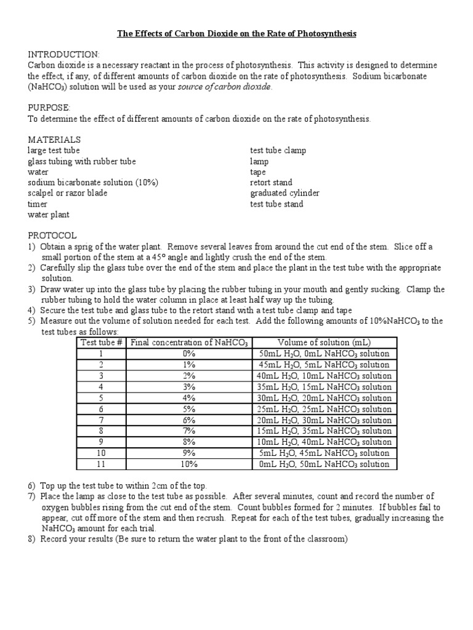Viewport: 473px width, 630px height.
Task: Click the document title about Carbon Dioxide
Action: point(237,34)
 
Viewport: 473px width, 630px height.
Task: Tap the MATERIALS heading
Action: point(54,140)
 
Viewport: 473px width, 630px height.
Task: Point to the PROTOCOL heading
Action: point(52,236)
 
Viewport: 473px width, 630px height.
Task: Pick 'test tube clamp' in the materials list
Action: point(278,151)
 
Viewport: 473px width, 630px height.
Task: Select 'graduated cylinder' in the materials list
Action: point(285,193)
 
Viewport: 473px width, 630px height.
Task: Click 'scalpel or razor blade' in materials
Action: point(68,193)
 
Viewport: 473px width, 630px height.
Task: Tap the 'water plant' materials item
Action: point(49,215)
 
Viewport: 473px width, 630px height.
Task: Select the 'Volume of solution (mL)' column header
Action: point(325,343)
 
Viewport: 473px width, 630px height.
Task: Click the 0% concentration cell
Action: point(188,354)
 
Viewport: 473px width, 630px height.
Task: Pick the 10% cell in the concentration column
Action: point(188,465)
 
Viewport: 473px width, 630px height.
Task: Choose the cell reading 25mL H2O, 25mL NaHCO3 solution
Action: point(325,409)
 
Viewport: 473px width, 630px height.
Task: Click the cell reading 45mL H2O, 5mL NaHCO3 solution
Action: point(325,365)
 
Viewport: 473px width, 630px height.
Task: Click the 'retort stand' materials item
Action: point(271,183)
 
